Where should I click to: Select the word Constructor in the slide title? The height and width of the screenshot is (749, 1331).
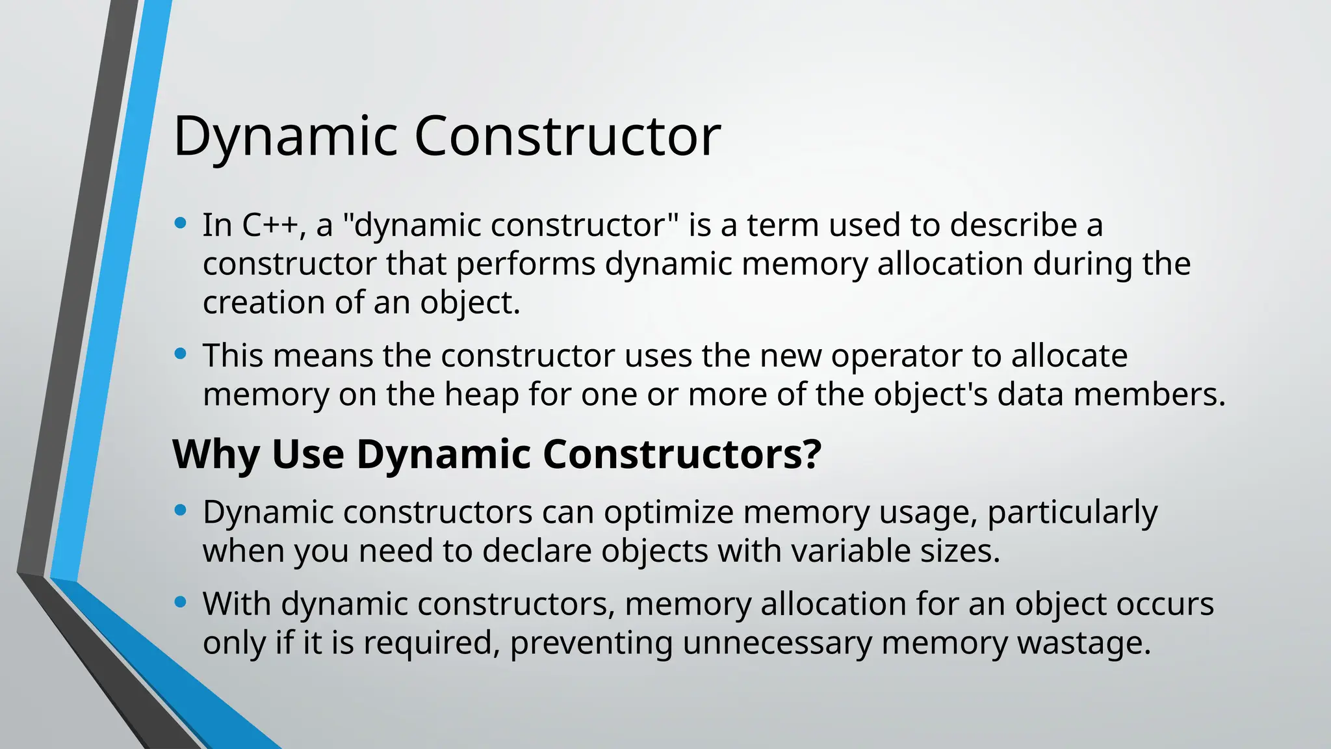[x=567, y=137]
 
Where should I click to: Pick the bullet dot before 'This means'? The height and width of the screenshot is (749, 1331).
[x=181, y=354]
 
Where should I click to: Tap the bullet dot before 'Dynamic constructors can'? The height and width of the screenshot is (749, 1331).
[x=181, y=511]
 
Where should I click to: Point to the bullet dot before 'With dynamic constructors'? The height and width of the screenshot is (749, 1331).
[x=181, y=603]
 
